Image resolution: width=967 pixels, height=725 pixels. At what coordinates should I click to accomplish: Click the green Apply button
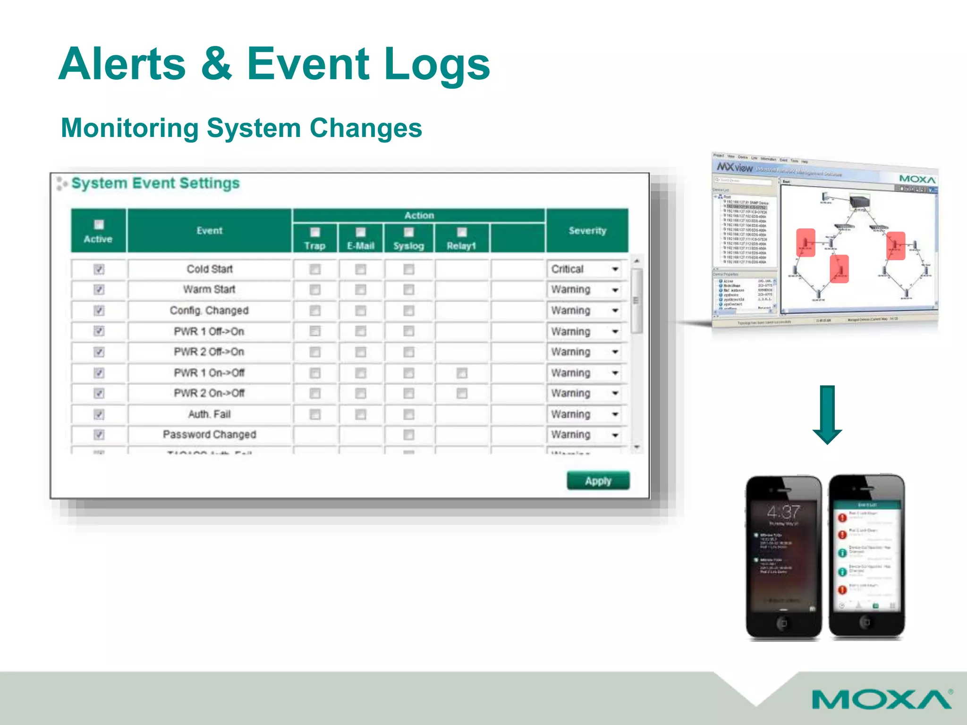[x=598, y=481]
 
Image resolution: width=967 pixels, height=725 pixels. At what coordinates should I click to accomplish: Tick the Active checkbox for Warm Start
[x=99, y=289]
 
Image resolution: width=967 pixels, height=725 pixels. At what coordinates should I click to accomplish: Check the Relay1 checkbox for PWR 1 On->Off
[x=462, y=373]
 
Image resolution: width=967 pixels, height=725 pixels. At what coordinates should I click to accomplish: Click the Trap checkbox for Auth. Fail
[x=315, y=414]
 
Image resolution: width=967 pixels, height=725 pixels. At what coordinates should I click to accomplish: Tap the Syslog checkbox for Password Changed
[x=409, y=435]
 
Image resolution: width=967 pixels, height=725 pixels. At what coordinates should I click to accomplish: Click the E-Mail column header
[x=361, y=245]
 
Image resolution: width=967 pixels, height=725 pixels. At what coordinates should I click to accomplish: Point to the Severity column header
[x=587, y=231]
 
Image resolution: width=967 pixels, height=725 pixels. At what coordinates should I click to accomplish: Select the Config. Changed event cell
[x=209, y=311]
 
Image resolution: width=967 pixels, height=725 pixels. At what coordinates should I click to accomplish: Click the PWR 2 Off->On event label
[x=209, y=352]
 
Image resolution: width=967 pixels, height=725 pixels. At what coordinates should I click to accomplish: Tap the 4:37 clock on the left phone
[x=783, y=512]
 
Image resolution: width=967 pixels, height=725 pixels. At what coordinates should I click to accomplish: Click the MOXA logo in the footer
[x=881, y=699]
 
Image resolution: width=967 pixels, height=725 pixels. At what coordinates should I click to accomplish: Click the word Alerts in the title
[x=122, y=64]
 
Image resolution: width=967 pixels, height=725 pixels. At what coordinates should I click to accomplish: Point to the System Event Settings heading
[x=155, y=183]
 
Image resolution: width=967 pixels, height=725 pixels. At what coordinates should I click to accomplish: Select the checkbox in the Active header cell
[x=99, y=225]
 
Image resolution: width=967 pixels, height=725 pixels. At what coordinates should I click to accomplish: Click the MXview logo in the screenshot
[x=735, y=167]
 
